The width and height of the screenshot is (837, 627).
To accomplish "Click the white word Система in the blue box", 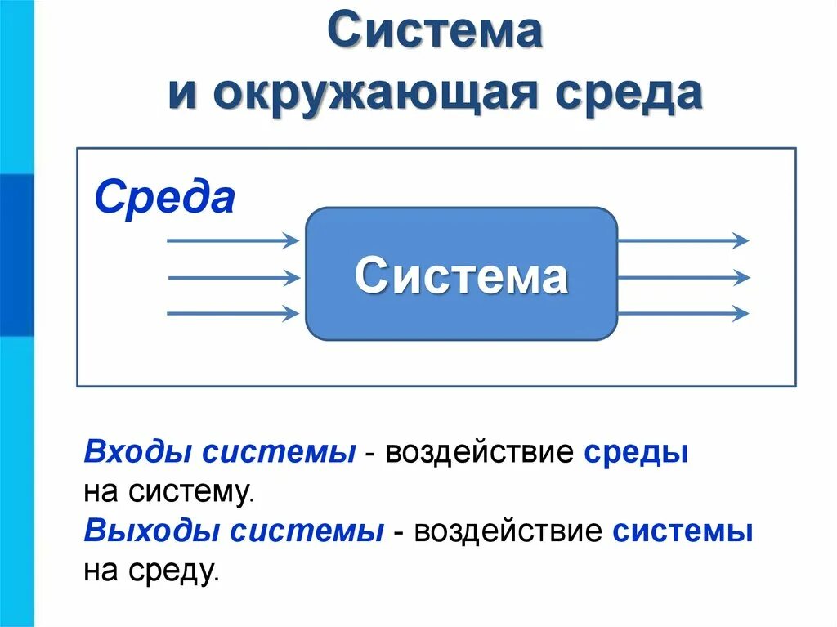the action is [461, 275].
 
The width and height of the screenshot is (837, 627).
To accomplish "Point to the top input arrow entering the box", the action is [233, 240].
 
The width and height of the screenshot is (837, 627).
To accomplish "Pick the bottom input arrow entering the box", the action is [233, 313].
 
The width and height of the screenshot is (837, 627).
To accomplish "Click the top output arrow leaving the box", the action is [683, 240].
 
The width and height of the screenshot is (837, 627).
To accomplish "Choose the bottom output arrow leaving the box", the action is [683, 313].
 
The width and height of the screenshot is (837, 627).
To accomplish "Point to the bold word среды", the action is [636, 453].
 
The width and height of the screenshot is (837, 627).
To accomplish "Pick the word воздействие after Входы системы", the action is [481, 453].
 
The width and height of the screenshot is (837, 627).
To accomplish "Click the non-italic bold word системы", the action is [683, 532].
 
